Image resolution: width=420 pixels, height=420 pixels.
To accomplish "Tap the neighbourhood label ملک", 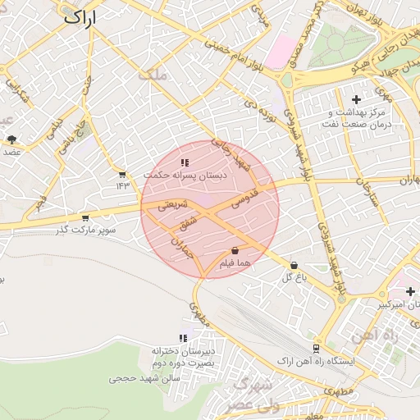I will tap(153, 75).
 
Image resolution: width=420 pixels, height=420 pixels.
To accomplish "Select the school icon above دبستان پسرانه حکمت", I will tap(185, 163).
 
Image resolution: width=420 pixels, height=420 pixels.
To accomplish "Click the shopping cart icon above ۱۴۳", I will tap(122, 175).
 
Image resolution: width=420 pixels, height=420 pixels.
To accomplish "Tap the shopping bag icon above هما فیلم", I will tap(235, 250).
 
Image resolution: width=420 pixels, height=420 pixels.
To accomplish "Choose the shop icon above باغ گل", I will tap(294, 265).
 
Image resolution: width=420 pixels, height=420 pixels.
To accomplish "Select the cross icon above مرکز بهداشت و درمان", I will tap(356, 99).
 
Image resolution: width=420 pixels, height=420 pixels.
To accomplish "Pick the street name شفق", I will tap(188, 221).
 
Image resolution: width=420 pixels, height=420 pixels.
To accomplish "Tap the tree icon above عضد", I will tap(11, 139).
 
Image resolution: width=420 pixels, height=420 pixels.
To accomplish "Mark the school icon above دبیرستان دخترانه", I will tap(183, 338).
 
